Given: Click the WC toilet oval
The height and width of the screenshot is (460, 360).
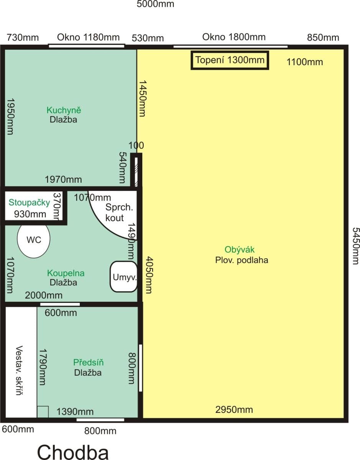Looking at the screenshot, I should pos(33,240).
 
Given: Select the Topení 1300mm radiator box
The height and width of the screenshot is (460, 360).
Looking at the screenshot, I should pos(230,60).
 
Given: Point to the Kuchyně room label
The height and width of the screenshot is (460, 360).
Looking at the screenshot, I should pos(64,110).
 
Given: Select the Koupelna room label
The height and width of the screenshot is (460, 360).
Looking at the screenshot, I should pos(66,273).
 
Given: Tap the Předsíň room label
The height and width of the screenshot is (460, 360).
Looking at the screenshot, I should pos(89,363).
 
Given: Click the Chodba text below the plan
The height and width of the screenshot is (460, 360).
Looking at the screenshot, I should pos(73,452).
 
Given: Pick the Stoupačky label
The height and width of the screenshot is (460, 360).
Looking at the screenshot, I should pos(30,202).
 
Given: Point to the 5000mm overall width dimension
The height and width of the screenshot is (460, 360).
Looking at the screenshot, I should pos(155,4).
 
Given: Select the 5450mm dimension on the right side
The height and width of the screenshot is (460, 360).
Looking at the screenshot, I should pos(355,246).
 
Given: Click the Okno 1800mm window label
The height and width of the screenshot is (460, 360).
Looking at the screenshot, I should pos(234,37).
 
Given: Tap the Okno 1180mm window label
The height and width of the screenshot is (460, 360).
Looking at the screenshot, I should pos(88,37).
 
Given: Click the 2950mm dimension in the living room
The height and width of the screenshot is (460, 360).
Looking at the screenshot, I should pos(234,409).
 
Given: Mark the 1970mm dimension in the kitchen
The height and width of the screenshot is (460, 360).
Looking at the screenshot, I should pos(63,179).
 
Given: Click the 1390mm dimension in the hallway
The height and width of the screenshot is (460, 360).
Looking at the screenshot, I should pos(75,412).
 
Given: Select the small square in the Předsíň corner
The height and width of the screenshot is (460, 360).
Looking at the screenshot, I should pos(43,412).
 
